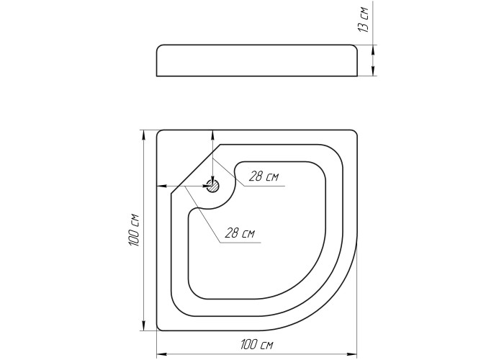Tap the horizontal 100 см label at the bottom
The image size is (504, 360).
256,345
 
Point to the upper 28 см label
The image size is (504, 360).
264,176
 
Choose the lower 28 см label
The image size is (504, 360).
240,233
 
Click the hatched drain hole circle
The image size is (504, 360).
212,186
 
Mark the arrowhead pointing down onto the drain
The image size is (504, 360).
212,180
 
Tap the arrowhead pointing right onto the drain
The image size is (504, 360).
207,186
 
